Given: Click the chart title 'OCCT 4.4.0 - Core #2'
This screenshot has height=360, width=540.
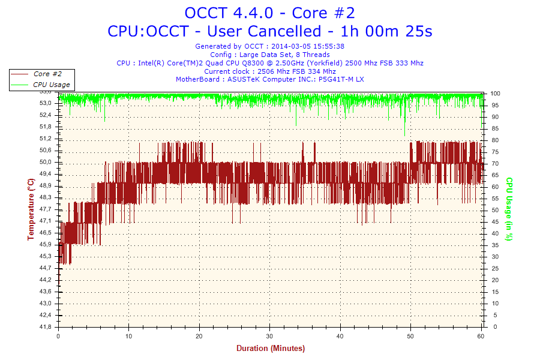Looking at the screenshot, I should coord(269,13).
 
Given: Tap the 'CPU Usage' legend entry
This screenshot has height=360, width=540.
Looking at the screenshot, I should coord(51,85).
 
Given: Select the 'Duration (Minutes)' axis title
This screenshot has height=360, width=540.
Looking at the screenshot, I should coord(270,348).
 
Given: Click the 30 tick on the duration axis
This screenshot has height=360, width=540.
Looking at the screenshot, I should coord(270,336).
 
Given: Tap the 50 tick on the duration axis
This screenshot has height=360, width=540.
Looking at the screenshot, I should coord(411,336).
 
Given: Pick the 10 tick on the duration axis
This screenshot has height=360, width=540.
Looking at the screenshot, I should coord(128,336).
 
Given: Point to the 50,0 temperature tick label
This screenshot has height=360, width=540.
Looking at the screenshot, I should coord(46,162).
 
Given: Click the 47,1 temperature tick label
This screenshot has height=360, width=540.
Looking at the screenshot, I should coord(46,221).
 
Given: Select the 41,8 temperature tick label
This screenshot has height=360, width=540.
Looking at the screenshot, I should coord(46,327).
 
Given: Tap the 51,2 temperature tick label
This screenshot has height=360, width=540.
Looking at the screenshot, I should coord(46,139).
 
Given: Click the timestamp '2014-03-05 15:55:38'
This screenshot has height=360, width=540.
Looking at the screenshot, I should coord(307,46).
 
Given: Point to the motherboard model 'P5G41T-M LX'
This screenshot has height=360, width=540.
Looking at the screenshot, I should coord(341,79).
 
